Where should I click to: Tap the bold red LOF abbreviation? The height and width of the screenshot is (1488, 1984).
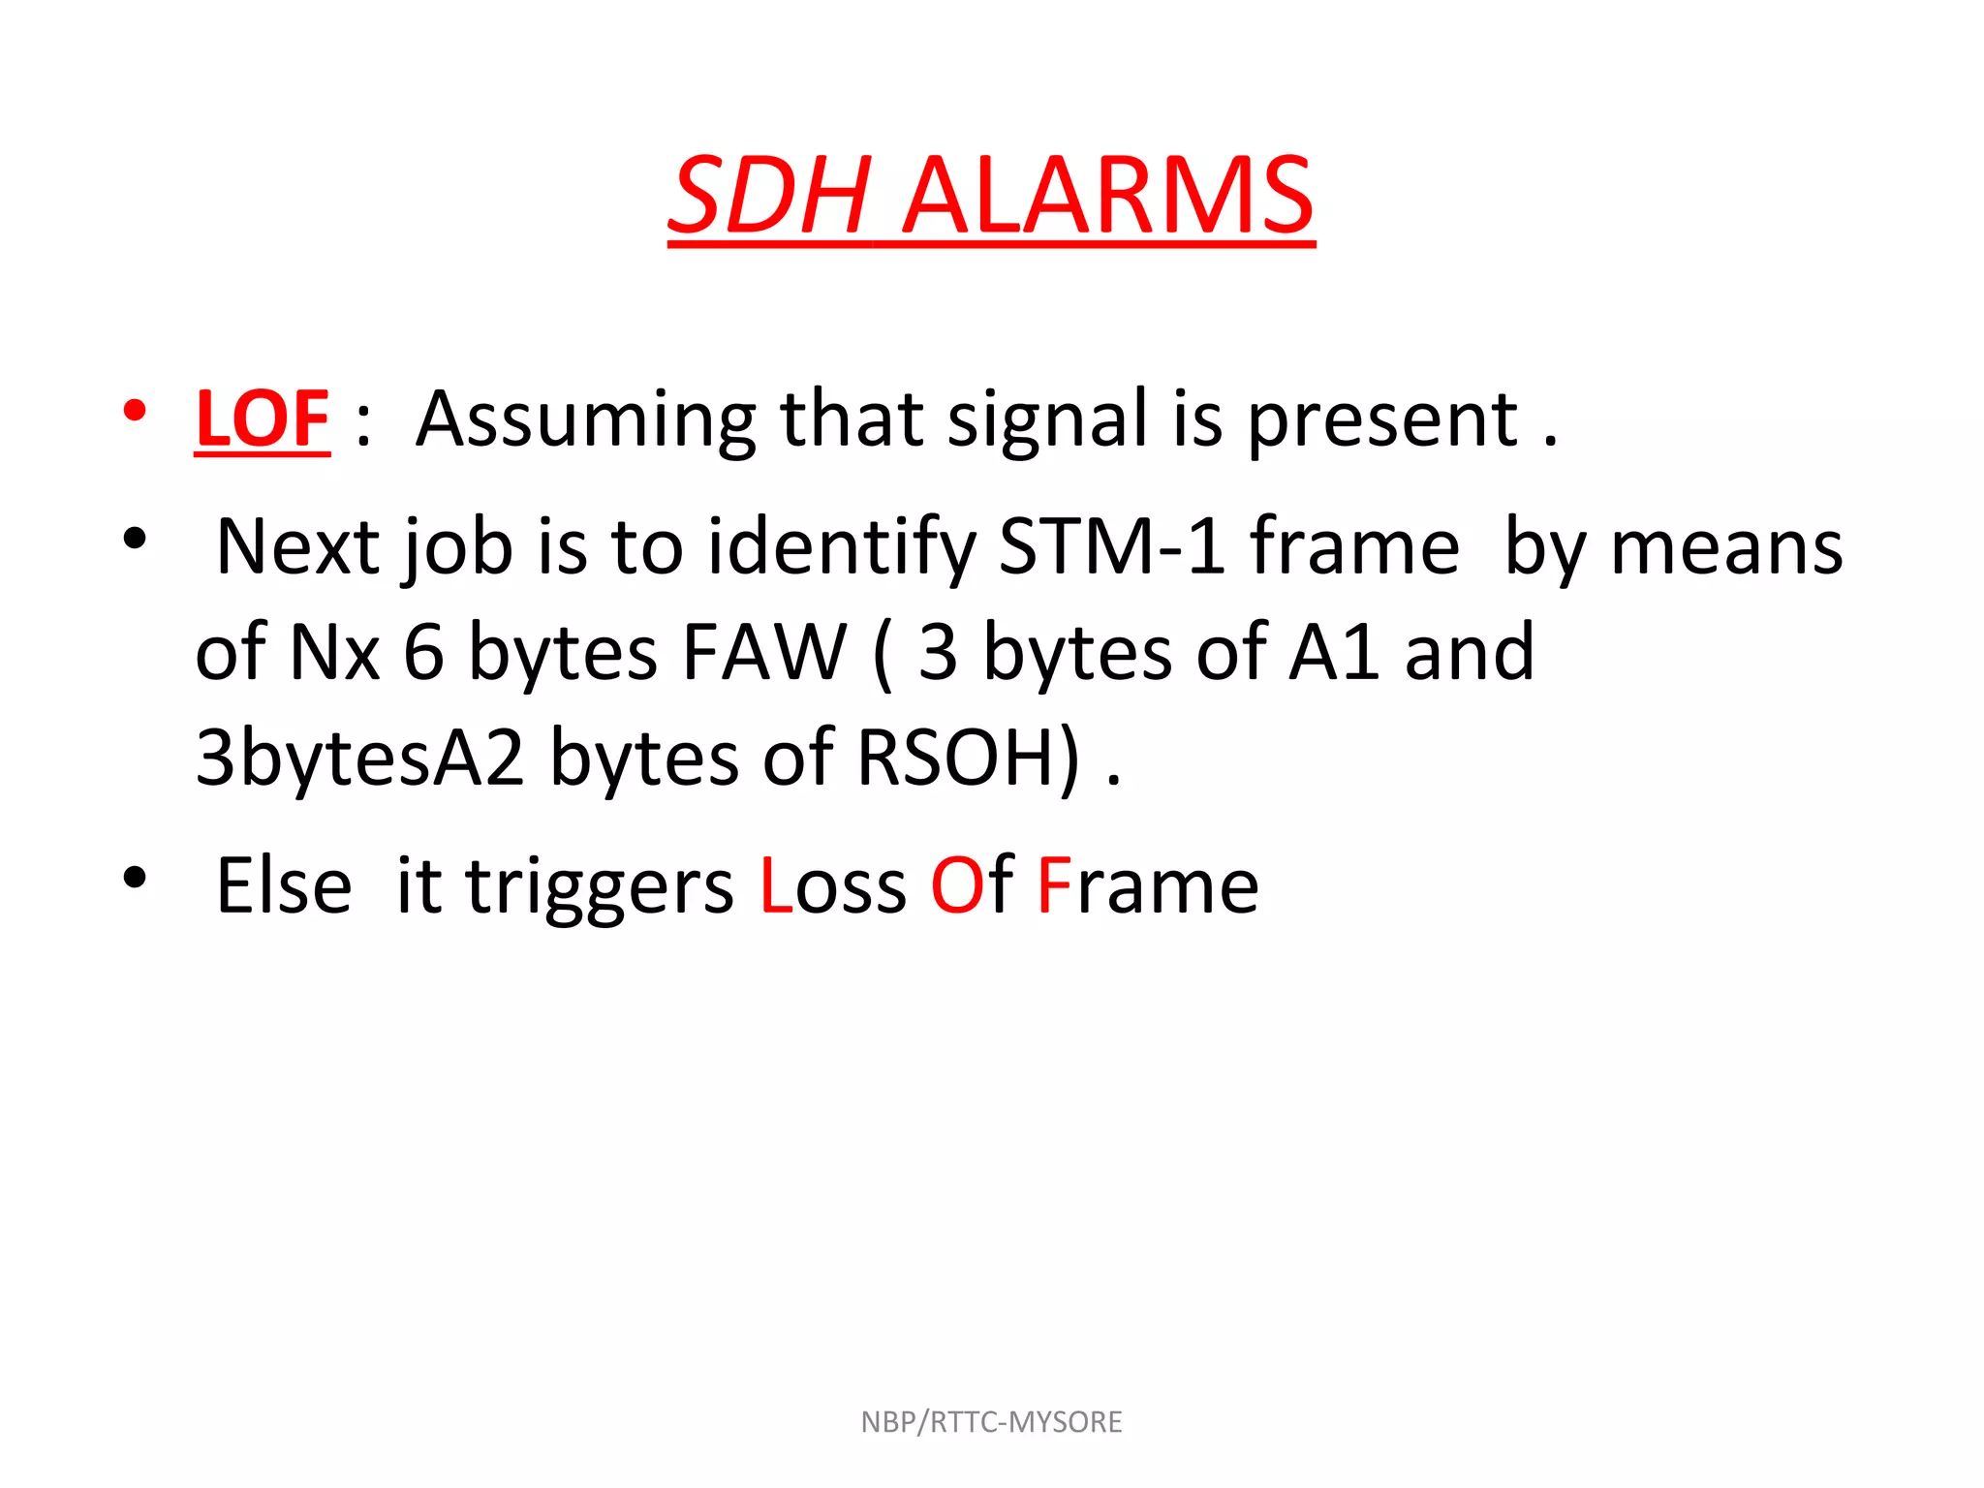(x=263, y=419)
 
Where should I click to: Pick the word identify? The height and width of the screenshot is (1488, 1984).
(x=842, y=548)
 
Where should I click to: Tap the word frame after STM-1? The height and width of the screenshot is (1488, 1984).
(x=1354, y=547)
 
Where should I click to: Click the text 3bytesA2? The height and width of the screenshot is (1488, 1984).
(x=359, y=758)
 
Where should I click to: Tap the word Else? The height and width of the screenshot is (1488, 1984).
(x=283, y=886)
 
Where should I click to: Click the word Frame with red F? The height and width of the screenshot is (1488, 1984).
(x=1147, y=886)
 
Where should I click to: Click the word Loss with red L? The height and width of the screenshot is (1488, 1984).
(x=833, y=886)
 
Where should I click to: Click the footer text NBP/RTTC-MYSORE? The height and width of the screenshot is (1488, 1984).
(x=991, y=1422)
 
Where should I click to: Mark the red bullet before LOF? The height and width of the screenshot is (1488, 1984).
(x=135, y=412)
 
